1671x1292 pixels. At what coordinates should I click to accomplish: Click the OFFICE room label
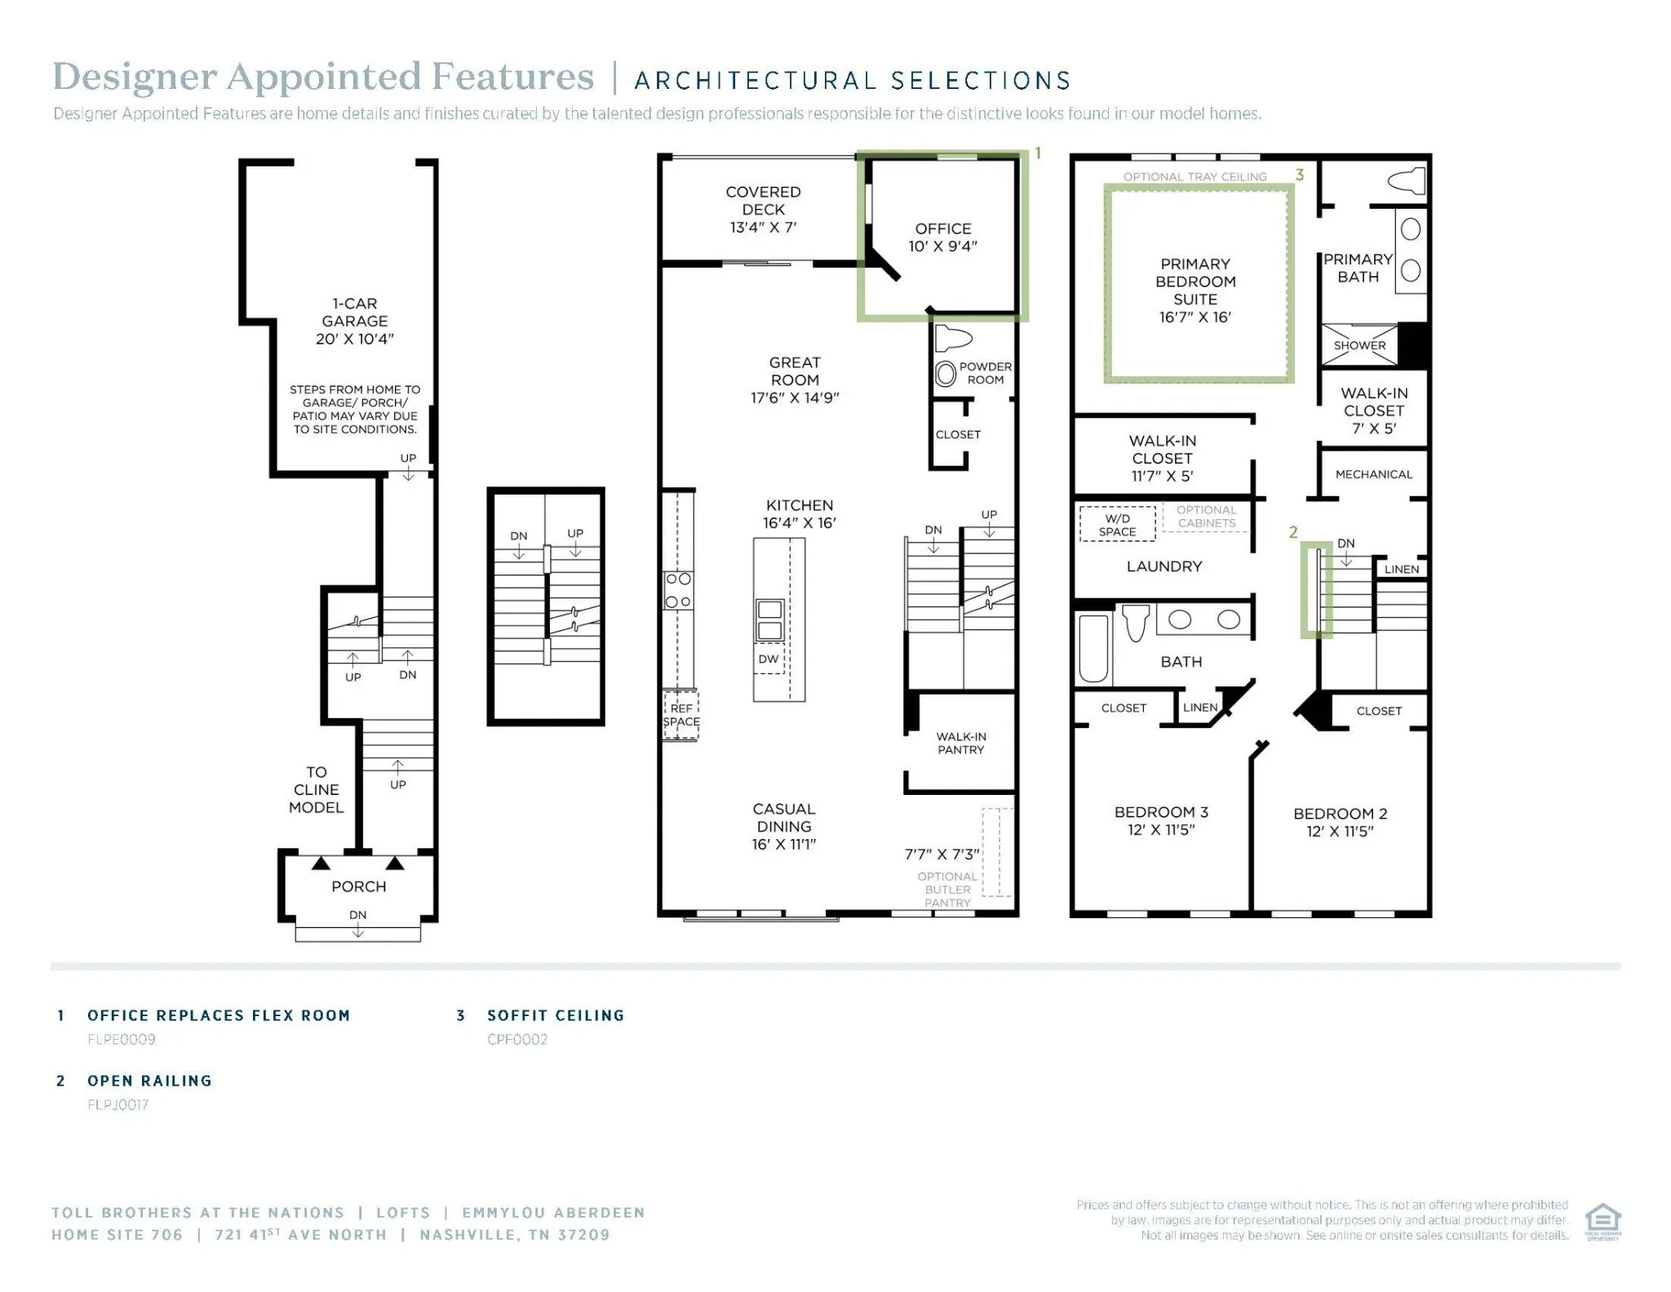[x=943, y=229]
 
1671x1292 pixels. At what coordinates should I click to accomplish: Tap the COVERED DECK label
[x=763, y=201]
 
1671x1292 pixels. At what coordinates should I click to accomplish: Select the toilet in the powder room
[x=953, y=337]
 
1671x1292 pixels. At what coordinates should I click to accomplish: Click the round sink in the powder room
[x=946, y=374]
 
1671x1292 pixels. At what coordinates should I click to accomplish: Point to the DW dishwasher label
[x=769, y=659]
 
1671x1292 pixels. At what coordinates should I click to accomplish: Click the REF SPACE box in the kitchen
[x=680, y=715]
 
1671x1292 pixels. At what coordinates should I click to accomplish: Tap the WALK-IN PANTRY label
[x=961, y=743]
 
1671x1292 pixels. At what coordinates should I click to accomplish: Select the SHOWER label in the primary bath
[x=1359, y=345]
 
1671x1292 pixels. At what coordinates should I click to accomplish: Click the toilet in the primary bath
[x=1407, y=180]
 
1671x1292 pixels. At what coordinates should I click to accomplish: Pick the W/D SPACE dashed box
[x=1117, y=524]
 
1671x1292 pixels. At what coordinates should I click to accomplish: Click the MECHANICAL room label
[x=1373, y=474]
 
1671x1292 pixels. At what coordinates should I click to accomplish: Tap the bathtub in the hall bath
[x=1093, y=648]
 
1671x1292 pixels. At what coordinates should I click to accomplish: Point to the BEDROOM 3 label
[x=1161, y=812]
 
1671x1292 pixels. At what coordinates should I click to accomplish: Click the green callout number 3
[x=1300, y=175]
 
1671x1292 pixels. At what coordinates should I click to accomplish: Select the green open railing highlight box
[x=1316, y=589]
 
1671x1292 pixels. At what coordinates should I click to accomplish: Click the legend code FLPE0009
[x=122, y=1039]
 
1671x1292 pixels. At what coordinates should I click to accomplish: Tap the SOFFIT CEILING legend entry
[x=556, y=1015]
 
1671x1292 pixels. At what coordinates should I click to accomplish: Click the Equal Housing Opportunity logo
[x=1602, y=1222]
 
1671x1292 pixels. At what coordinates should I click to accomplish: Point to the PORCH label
[x=358, y=886]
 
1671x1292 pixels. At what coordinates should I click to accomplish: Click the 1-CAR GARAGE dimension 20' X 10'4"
[x=355, y=339]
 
